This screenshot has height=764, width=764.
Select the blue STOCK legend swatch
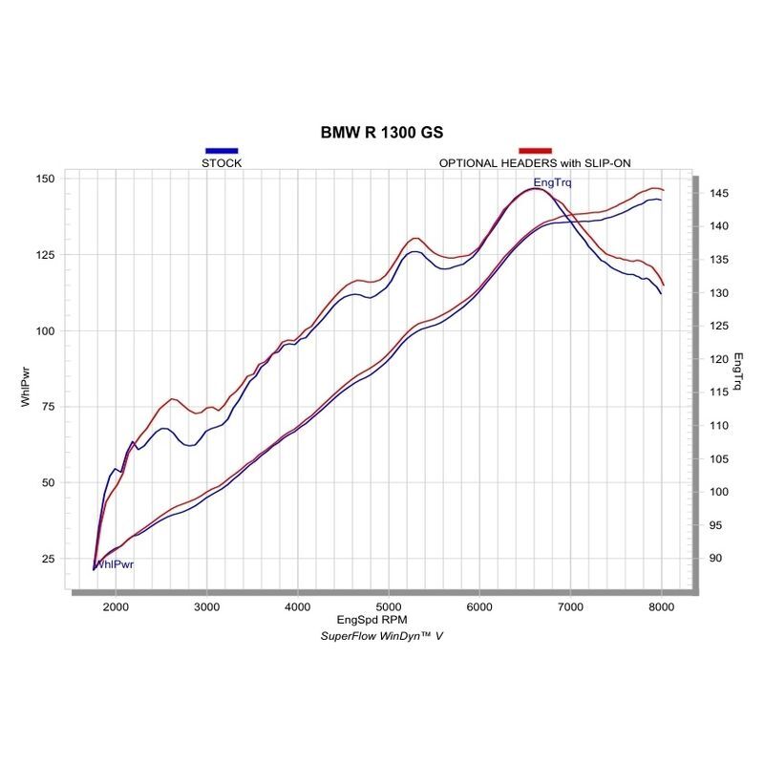coord(222,151)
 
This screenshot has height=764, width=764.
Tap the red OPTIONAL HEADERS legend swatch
coord(535,151)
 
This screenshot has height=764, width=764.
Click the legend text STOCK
coord(222,163)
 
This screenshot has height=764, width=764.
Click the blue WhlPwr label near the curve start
coord(113,564)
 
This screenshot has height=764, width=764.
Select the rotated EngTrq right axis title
coord(738,373)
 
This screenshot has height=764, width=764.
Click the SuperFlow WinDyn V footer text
coord(381,635)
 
